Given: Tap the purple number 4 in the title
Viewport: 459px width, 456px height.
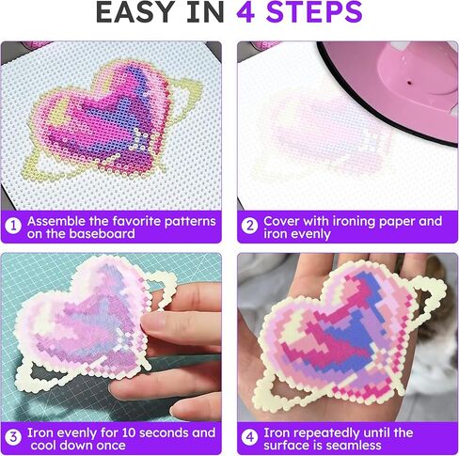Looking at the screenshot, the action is [245, 12].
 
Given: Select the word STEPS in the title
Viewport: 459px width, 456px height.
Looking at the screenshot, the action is [314, 12].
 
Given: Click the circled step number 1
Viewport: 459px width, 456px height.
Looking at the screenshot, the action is [13, 226].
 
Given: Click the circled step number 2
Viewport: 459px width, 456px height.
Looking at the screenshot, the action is [250, 226].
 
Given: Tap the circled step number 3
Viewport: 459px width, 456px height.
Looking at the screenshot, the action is [13, 437].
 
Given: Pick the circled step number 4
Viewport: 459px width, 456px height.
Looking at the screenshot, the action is [250, 437].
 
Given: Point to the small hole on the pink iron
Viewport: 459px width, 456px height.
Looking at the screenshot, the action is [408, 83].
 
